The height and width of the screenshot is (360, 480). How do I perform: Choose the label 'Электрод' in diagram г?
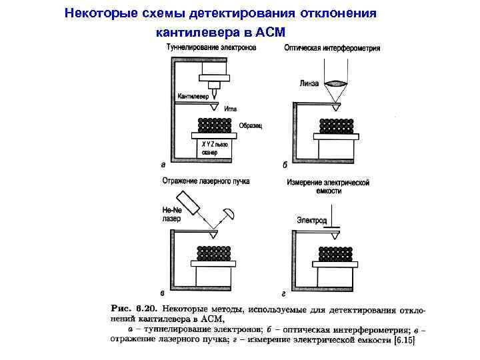click(x=311, y=220)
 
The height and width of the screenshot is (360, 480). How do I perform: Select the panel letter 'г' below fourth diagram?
click(x=285, y=293)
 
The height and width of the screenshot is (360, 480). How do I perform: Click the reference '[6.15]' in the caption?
click(x=403, y=341)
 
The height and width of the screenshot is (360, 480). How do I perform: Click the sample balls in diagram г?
click(x=336, y=254)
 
